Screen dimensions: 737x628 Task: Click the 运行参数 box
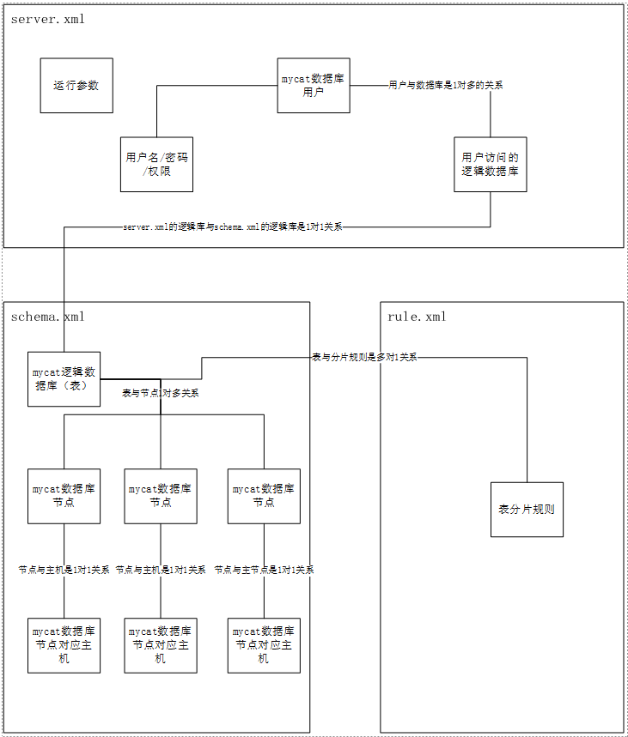click(76, 85)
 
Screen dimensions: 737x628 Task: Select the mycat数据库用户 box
click(314, 85)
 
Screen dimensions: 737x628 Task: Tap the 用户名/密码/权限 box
click(156, 164)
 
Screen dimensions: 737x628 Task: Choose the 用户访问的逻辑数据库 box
click(490, 164)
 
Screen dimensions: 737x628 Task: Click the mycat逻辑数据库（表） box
click(64, 378)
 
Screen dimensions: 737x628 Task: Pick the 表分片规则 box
click(527, 509)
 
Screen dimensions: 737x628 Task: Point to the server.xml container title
click(48, 19)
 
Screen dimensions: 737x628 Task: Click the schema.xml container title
click(48, 317)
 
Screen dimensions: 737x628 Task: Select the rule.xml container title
click(417, 317)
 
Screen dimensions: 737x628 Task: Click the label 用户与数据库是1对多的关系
click(445, 85)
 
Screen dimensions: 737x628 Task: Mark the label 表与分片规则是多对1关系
click(364, 357)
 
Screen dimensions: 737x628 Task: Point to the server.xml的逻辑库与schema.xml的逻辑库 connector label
click(233, 227)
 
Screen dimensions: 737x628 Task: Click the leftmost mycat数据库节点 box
click(64, 496)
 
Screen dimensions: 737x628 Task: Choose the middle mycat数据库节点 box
click(161, 496)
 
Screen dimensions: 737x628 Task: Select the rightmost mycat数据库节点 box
click(264, 496)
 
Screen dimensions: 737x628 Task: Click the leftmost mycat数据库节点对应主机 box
click(64, 644)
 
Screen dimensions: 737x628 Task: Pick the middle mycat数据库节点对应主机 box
click(161, 644)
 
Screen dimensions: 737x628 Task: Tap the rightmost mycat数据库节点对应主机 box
click(264, 644)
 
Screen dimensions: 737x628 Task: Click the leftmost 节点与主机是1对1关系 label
click(64, 569)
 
